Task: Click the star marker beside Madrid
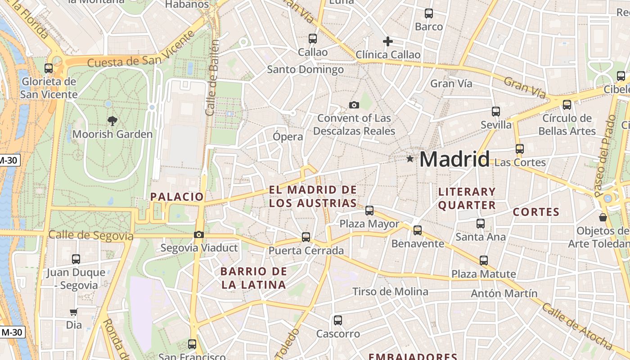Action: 409,159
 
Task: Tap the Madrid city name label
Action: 454,159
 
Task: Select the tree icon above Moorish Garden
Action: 112,121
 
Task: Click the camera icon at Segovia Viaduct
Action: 198,234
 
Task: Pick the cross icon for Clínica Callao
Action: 387,41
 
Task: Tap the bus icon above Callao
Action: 313,39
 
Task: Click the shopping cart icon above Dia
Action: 73,312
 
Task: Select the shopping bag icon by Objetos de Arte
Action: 603,217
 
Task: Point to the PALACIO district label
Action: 177,197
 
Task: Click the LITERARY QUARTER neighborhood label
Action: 467,198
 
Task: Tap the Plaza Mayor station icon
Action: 369,210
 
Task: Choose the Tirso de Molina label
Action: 390,292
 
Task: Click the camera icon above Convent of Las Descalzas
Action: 354,105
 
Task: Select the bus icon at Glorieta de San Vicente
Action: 49,68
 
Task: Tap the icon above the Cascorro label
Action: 338,320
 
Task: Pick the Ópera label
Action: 288,136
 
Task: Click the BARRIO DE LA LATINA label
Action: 254,278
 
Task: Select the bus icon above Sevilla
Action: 496,111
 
